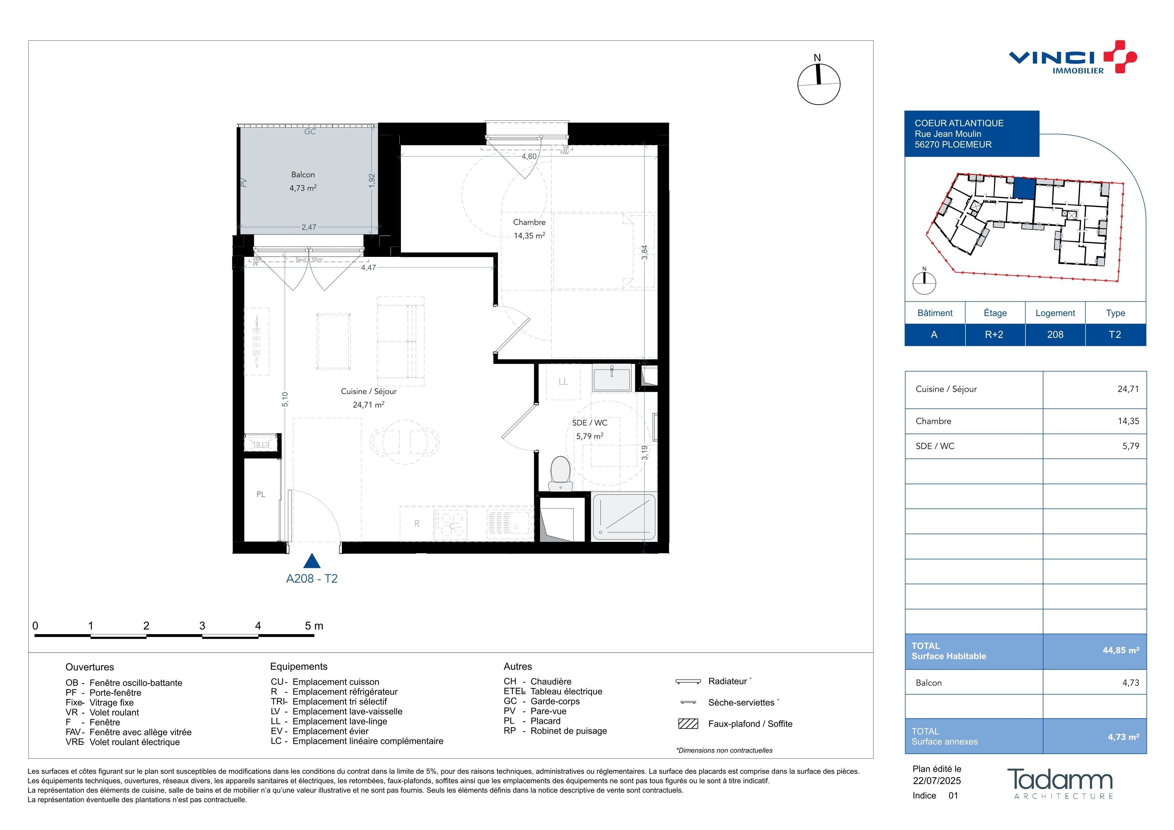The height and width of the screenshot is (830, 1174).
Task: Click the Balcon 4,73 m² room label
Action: [303, 181]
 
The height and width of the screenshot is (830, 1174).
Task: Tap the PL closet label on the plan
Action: [261, 494]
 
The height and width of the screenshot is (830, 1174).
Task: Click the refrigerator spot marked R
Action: [417, 523]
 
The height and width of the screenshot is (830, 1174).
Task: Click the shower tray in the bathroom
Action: [624, 517]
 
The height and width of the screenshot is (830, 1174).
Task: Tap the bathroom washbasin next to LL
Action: [612, 377]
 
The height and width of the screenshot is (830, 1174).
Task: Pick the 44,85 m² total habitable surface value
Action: [1120, 651]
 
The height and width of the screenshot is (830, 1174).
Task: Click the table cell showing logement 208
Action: [1055, 335]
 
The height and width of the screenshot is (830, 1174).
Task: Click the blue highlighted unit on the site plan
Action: [1024, 189]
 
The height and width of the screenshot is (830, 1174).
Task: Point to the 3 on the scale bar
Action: [202, 626]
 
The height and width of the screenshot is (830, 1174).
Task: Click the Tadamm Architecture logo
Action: [1060, 784]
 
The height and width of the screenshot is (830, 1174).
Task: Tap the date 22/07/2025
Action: [937, 781]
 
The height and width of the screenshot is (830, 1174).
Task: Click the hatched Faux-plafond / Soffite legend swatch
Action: [688, 724]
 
